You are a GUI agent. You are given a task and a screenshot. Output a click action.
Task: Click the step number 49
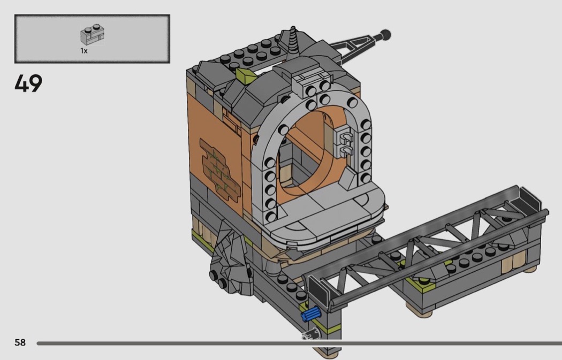click(x=28, y=83)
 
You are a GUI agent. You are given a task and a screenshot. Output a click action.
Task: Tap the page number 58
click(x=20, y=342)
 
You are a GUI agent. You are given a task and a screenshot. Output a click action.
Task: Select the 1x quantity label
click(x=84, y=51)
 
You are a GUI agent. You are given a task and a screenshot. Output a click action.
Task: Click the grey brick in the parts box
click(x=92, y=35)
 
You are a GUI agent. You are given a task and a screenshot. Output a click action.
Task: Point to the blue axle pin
click(x=311, y=314)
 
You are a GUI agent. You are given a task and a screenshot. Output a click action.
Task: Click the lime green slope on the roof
click(x=245, y=74)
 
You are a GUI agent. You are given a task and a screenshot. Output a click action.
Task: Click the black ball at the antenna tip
click(x=386, y=35)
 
